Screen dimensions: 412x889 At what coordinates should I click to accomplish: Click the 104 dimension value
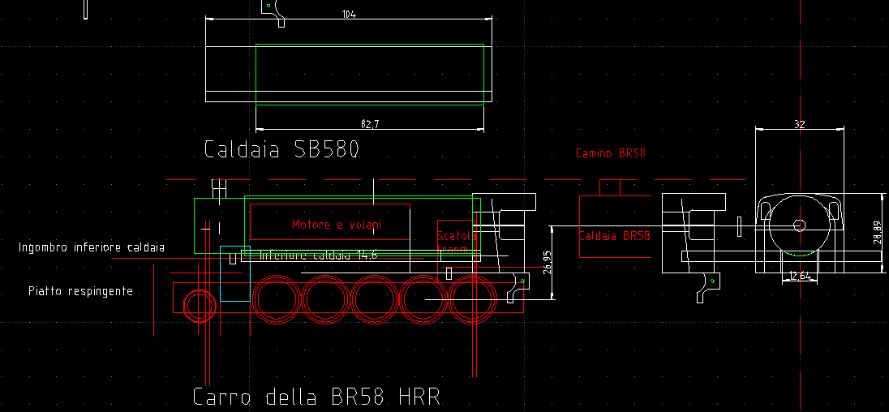pyautogui.click(x=350, y=15)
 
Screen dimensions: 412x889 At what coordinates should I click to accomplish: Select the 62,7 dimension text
pyautogui.click(x=370, y=123)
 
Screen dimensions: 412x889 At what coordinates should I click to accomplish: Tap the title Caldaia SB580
pyautogui.click(x=281, y=150)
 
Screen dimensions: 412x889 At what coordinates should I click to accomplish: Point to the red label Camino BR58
pyautogui.click(x=610, y=152)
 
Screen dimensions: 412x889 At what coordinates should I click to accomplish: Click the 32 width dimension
pyautogui.click(x=800, y=124)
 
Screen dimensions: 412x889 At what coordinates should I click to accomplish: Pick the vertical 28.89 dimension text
pyautogui.click(x=877, y=233)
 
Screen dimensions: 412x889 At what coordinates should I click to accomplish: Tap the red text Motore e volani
pyautogui.click(x=337, y=224)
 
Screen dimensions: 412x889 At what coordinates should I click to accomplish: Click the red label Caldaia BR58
pyautogui.click(x=614, y=236)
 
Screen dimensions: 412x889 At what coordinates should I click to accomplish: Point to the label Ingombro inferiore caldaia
pyautogui.click(x=92, y=247)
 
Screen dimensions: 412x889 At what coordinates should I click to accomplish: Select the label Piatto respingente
pyautogui.click(x=80, y=290)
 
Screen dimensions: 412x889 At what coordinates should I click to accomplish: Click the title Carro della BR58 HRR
pyautogui.click(x=316, y=397)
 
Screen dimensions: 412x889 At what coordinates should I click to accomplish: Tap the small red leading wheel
pyautogui.click(x=198, y=306)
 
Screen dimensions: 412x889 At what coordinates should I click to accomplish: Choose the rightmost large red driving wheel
pyautogui.click(x=473, y=299)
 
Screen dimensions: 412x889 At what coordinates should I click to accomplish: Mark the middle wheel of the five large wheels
pyautogui.click(x=375, y=299)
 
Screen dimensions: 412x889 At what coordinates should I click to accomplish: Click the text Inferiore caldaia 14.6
pyautogui.click(x=319, y=255)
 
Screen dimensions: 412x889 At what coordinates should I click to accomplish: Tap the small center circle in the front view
pyautogui.click(x=799, y=225)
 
